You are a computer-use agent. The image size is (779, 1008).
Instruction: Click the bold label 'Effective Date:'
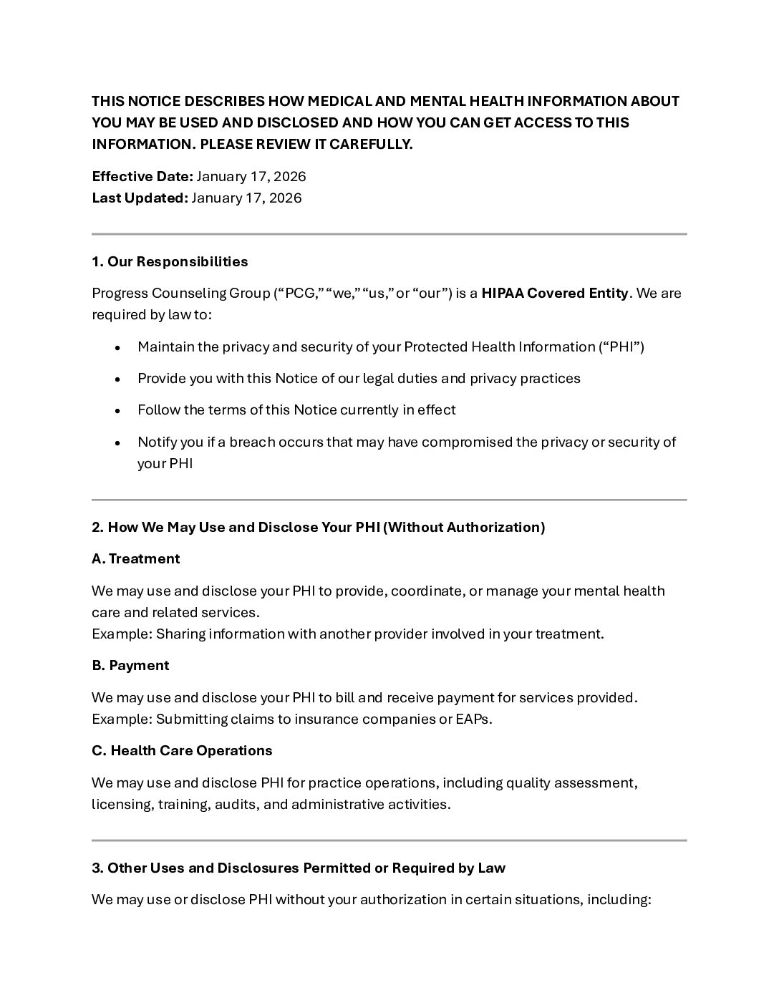[x=142, y=177]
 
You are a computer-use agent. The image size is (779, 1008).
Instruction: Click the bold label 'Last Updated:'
[x=139, y=198]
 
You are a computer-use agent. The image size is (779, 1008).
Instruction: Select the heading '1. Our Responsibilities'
[x=170, y=262]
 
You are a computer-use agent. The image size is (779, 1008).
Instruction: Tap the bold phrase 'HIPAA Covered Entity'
[x=554, y=294]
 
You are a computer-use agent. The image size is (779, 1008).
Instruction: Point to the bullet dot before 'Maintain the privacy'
[x=118, y=348]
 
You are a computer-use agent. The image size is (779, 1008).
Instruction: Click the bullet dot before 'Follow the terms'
[x=118, y=411]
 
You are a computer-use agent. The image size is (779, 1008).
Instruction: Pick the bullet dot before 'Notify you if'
[x=118, y=443]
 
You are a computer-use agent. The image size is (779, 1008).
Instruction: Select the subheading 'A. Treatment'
[x=135, y=559]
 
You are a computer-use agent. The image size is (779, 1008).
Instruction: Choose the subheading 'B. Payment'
[x=130, y=666]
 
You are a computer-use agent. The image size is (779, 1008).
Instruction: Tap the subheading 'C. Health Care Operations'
[x=182, y=751]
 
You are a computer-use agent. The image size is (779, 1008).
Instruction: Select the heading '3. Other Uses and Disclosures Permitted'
[x=299, y=868]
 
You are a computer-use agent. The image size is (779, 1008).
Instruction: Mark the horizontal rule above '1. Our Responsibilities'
[x=389, y=234]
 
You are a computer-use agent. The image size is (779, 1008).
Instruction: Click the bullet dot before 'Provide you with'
[x=118, y=379]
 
